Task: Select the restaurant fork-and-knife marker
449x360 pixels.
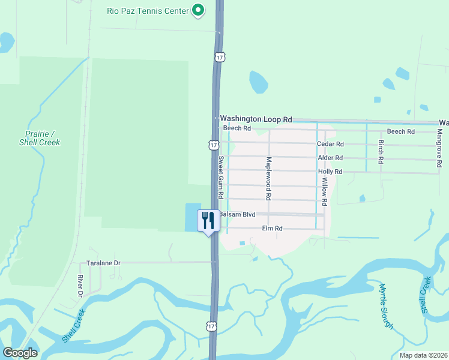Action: point(208,221)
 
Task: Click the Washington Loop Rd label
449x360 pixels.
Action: point(256,119)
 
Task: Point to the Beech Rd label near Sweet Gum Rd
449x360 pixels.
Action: point(237,128)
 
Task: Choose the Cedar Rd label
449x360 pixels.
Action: point(330,144)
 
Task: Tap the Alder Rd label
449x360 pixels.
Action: point(330,158)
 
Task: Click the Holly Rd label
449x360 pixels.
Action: point(330,172)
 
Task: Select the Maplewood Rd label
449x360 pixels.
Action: point(270,178)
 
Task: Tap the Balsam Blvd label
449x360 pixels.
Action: point(237,214)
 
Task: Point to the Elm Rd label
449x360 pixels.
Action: point(272,229)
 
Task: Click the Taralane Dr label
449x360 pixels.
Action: point(103,263)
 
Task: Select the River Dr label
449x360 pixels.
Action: point(80,286)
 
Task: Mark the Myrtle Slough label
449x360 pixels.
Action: point(386,306)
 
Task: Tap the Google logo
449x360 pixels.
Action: point(20,353)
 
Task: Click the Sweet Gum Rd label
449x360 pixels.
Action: point(221,178)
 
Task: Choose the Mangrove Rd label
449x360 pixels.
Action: point(440,146)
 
